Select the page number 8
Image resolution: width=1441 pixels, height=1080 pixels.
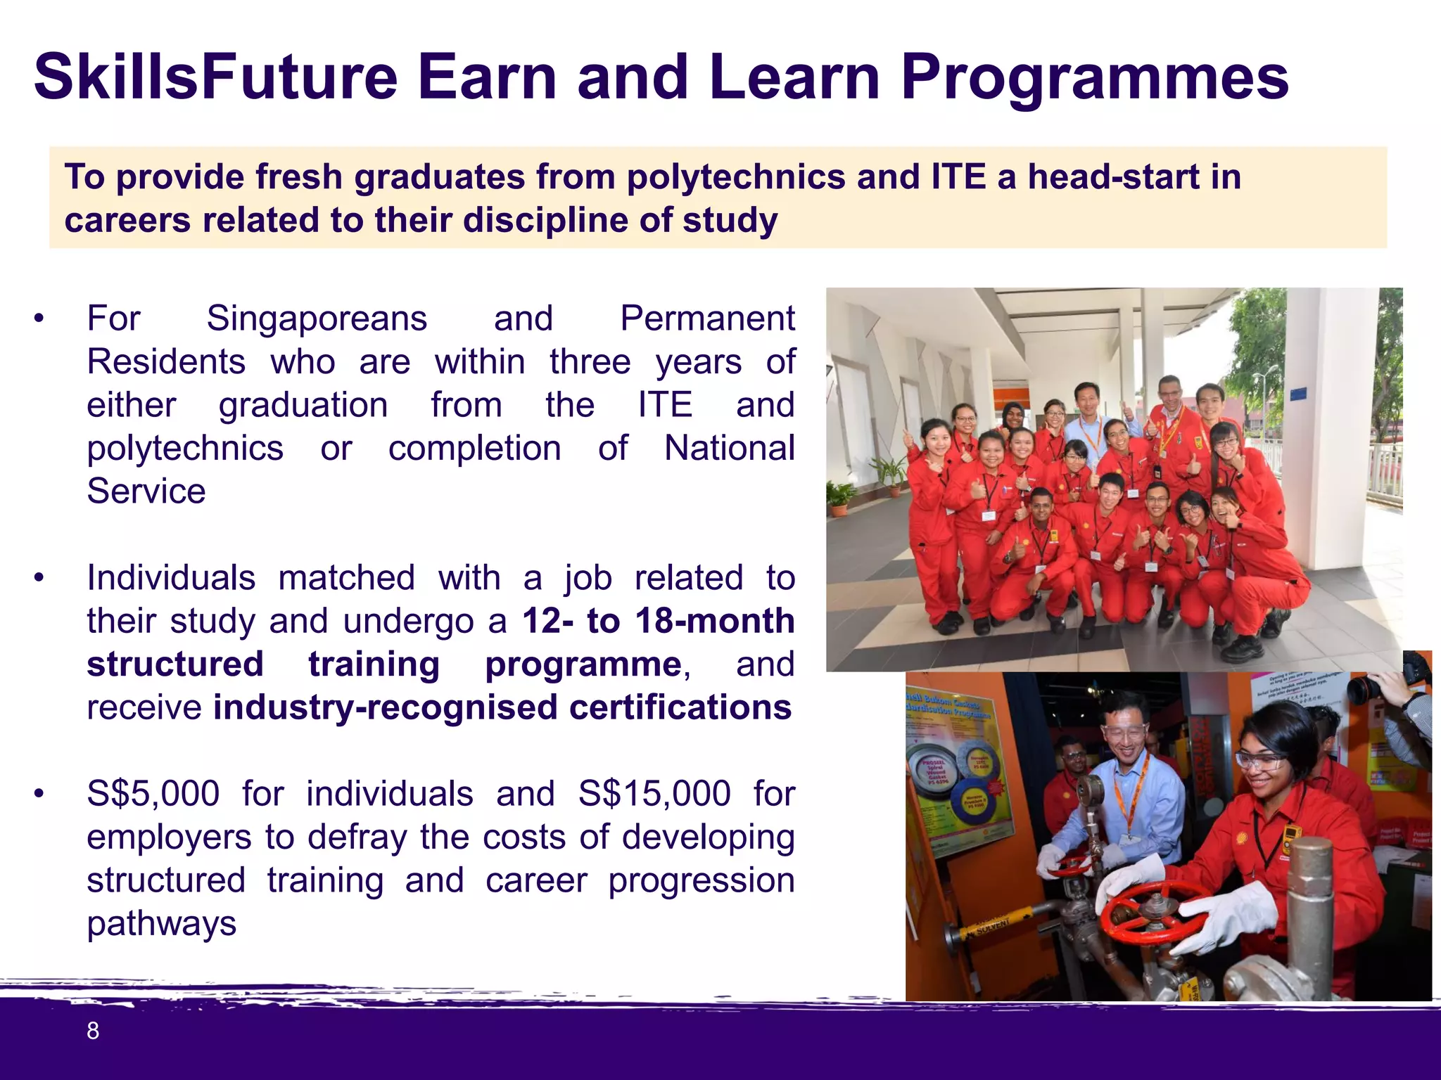(x=92, y=1031)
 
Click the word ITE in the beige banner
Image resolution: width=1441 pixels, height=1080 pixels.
(x=958, y=176)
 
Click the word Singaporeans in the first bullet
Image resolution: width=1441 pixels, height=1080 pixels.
(x=317, y=319)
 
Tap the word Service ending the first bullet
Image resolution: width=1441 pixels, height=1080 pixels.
(x=146, y=491)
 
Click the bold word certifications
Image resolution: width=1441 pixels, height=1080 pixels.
(x=680, y=707)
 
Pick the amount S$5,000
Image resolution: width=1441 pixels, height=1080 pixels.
(x=153, y=794)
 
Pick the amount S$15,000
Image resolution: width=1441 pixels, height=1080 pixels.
(x=654, y=794)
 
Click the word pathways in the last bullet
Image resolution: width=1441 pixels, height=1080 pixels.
(x=161, y=923)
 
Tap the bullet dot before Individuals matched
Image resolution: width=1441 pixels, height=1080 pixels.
(x=39, y=578)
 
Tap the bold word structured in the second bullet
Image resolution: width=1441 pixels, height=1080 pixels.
(x=175, y=664)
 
